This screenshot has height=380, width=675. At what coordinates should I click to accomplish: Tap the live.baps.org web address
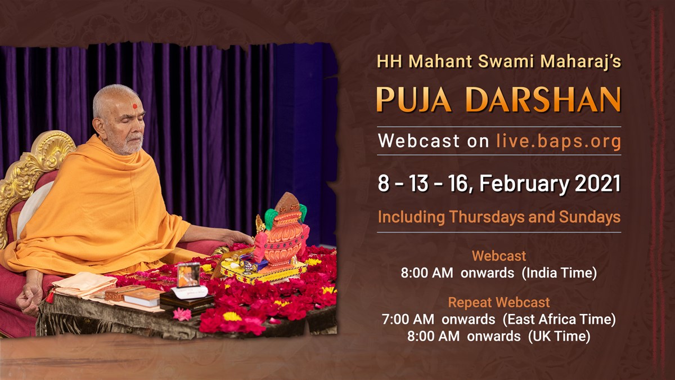point(559,141)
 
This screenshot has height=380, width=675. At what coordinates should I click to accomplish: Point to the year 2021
point(597,184)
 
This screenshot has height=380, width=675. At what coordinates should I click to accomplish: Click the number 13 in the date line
point(419,184)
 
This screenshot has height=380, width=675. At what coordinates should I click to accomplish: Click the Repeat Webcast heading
point(499,302)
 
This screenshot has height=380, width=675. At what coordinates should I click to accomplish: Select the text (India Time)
point(559,273)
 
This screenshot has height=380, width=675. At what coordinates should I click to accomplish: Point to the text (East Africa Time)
point(559,319)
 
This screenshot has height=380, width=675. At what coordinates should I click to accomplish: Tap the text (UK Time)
point(559,336)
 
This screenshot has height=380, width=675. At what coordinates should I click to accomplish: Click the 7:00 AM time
point(408,319)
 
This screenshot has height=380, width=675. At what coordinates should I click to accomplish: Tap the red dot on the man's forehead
point(134,106)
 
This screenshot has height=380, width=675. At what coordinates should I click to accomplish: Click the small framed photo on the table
point(188,275)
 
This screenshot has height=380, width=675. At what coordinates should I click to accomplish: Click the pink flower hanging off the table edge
point(182,314)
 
